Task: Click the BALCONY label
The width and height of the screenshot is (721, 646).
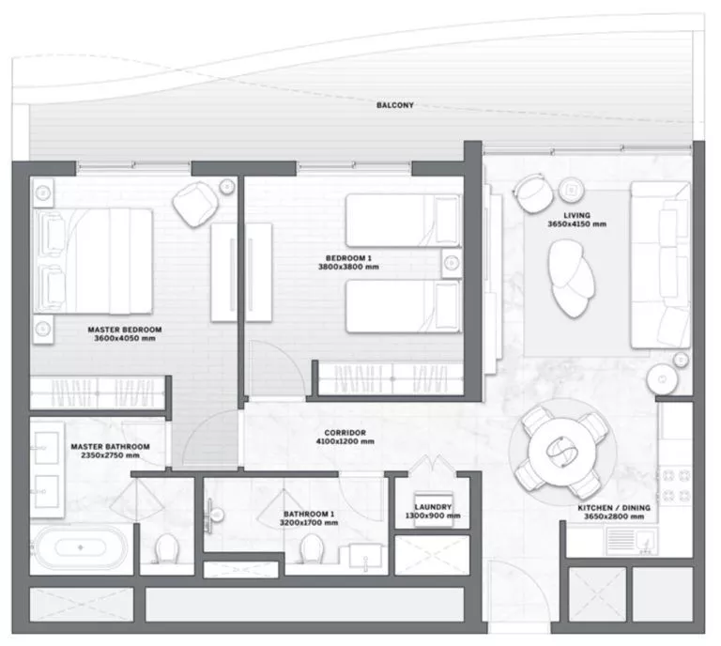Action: coord(394,105)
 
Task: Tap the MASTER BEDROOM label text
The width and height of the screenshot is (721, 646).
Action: coord(125,330)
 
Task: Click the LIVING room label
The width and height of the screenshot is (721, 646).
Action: coord(576,215)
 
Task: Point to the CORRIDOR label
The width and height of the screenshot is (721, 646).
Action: coord(345,432)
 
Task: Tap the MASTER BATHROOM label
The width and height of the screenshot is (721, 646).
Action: coord(110,446)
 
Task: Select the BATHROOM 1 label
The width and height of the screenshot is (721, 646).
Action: coord(310,515)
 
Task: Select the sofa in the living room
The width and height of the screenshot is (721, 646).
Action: coord(661,265)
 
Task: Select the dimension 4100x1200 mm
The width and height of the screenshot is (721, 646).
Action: coord(345,441)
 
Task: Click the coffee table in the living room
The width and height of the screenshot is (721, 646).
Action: coord(571,277)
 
